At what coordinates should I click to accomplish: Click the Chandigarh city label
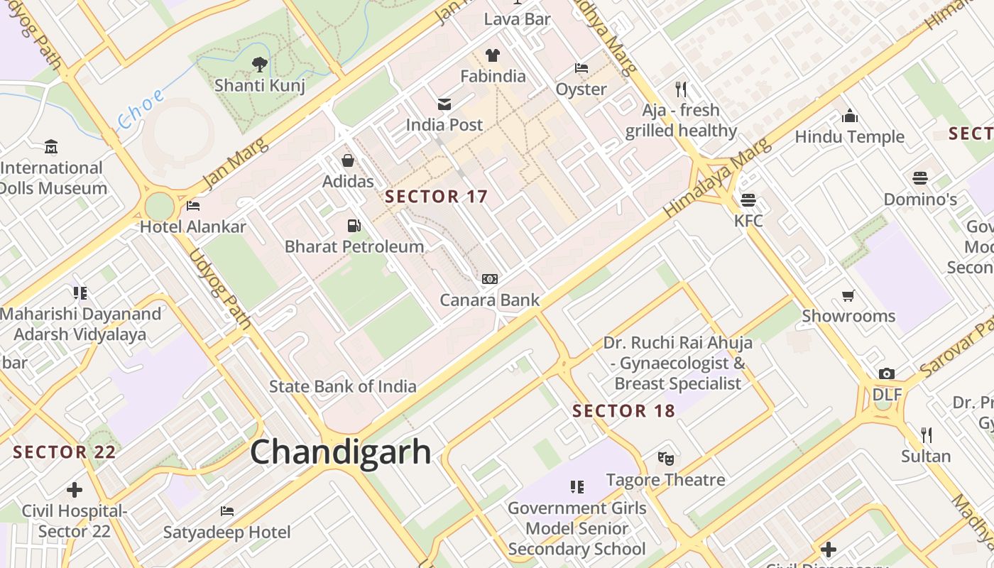point(340,452)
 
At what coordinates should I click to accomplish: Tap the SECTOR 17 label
point(436,197)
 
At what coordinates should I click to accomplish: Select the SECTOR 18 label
point(623,411)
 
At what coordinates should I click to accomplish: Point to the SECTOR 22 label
point(64,452)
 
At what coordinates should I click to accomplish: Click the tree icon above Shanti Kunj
point(260,65)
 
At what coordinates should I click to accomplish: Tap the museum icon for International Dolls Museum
point(50,147)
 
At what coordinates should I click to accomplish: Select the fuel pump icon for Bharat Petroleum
point(353,226)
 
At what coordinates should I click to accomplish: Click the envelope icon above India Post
point(444,104)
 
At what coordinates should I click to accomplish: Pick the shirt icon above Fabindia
point(493,55)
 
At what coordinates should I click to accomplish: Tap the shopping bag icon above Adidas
point(348,160)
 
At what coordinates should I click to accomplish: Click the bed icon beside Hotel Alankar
point(192,207)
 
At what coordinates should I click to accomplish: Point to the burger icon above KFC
point(748,200)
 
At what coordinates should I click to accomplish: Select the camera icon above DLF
point(886,374)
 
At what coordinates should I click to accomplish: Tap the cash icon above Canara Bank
point(490,279)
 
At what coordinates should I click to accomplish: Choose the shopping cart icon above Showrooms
point(848,295)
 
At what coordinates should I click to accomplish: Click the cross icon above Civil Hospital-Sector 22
point(75,490)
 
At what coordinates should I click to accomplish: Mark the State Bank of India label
point(342,387)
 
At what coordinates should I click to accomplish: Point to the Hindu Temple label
point(849,137)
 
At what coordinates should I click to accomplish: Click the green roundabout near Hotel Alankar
point(160,207)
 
